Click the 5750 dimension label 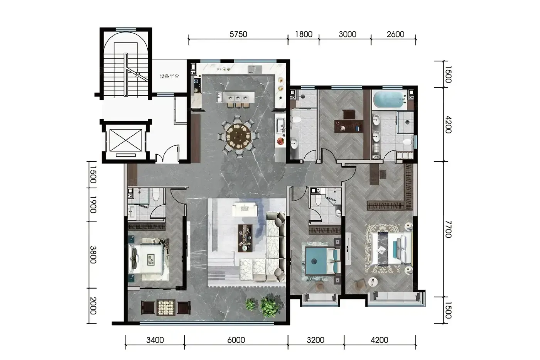pyautogui.click(x=238, y=34)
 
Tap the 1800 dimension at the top pyautogui.click(x=304, y=34)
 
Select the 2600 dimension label pyautogui.click(x=395, y=34)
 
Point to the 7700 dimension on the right pyautogui.click(x=448, y=229)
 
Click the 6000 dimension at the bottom pyautogui.click(x=236, y=340)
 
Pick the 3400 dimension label pyautogui.click(x=155, y=340)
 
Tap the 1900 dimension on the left pyautogui.click(x=93, y=205)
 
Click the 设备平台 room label pyautogui.click(x=169, y=76)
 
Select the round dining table pyautogui.click(x=238, y=137)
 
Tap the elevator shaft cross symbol pyautogui.click(x=126, y=140)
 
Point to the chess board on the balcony pyautogui.click(x=166, y=308)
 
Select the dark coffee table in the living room pyautogui.click(x=245, y=238)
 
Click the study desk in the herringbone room pyautogui.click(x=348, y=126)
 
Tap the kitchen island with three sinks pyautogui.click(x=236, y=97)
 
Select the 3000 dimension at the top pyautogui.click(x=348, y=34)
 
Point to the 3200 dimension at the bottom pyautogui.click(x=316, y=340)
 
